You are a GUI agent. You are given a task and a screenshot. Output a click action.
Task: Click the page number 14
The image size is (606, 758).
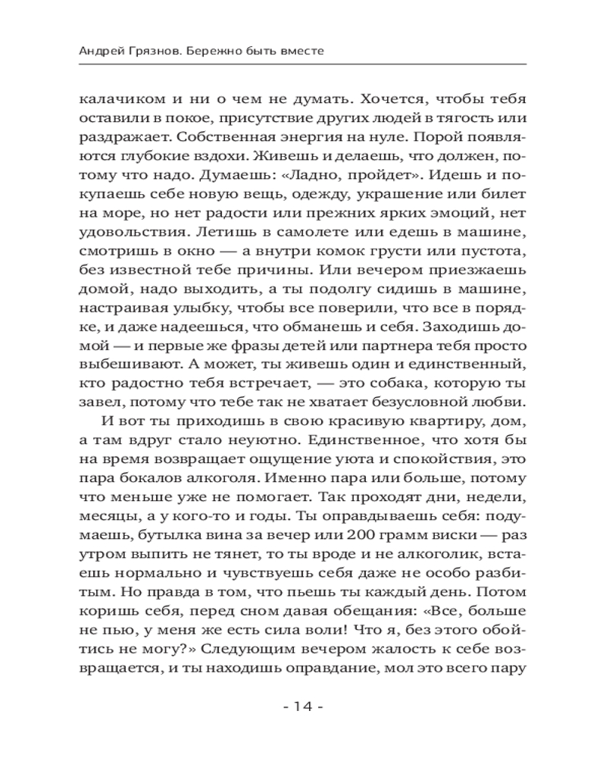pos(302,706)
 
